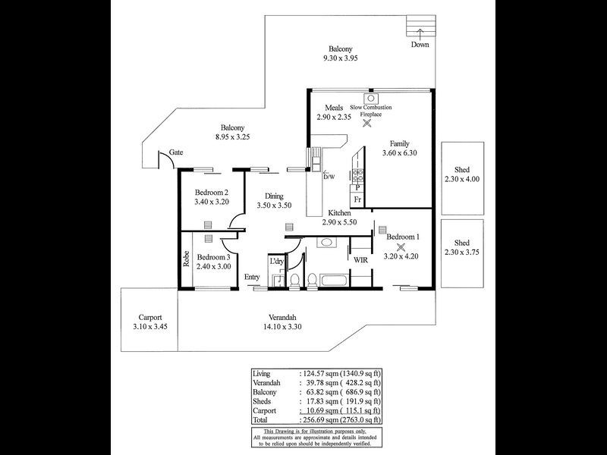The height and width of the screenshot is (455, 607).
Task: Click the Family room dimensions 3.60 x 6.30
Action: click(x=400, y=152)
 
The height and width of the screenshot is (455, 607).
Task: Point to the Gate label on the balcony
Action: click(x=176, y=152)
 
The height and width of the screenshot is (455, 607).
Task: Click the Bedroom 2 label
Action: click(x=212, y=192)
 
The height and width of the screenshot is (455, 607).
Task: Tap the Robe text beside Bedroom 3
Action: click(x=185, y=259)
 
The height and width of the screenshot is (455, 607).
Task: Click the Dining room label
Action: click(x=269, y=195)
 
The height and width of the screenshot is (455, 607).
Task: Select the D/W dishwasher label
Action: click(x=329, y=177)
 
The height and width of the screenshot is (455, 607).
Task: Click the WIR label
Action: click(x=360, y=260)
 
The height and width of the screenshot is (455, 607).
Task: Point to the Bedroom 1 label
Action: click(x=403, y=237)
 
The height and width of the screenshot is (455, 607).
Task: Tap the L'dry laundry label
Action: click(x=277, y=262)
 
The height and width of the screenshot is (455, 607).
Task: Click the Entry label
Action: click(x=252, y=277)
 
